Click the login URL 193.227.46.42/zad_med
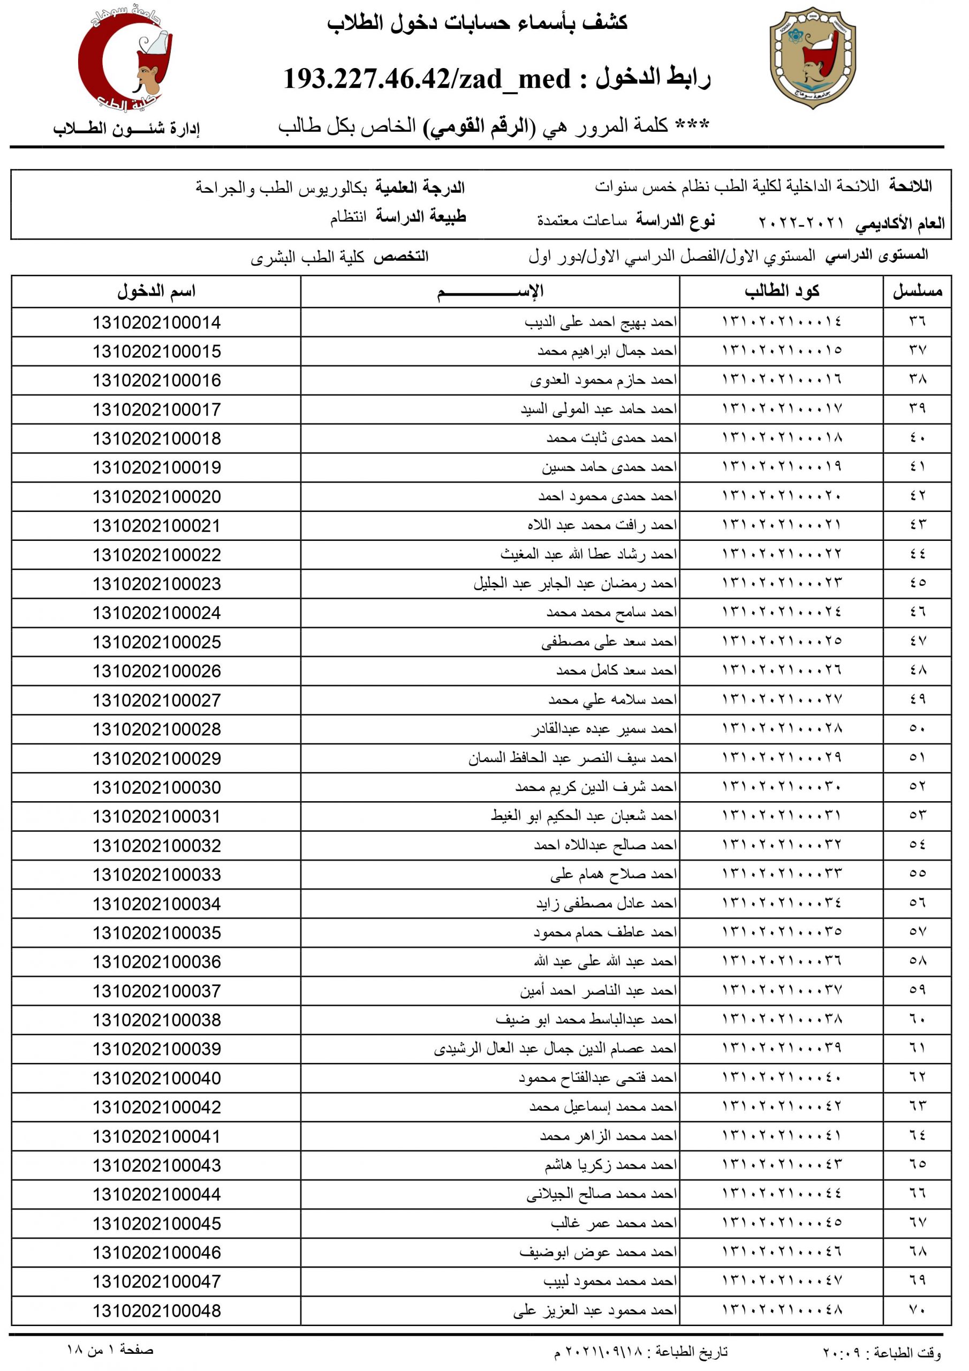(426, 79)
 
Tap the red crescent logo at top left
(125, 59)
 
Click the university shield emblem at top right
(813, 58)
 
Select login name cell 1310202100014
(156, 322)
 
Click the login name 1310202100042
(156, 1107)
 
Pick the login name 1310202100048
(156, 1310)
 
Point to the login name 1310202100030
(156, 788)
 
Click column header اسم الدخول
(156, 291)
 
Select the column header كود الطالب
(782, 291)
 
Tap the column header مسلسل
(917, 291)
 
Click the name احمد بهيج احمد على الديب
(601, 322)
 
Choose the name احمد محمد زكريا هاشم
(610, 1165)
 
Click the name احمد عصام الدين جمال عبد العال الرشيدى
(555, 1049)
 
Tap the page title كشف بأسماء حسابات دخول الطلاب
(477, 22)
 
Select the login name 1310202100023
(156, 584)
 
